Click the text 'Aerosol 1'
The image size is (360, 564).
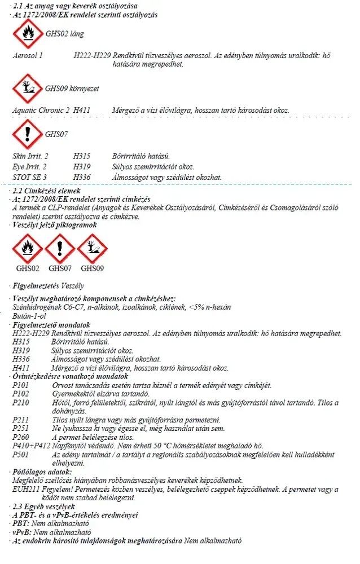(28, 56)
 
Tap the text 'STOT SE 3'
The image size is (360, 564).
(29, 177)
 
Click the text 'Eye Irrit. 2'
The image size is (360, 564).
(29, 167)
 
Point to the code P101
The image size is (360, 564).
(21, 385)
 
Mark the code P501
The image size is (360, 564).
(21, 454)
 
